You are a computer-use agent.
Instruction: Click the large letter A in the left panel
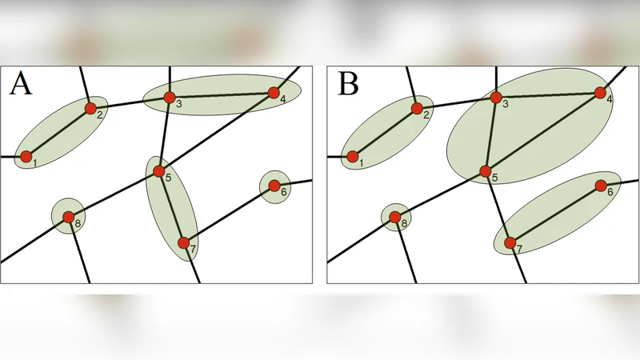click(21, 83)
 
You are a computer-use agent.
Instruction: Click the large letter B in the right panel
click(348, 83)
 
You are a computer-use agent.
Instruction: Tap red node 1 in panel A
click(26, 156)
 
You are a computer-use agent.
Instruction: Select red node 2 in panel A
click(90, 108)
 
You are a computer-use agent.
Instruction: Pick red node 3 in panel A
click(169, 98)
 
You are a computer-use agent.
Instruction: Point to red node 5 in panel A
click(158, 171)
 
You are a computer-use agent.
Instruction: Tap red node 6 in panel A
click(274, 186)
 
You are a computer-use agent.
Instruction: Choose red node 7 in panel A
click(183, 242)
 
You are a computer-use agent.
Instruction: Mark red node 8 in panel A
click(68, 216)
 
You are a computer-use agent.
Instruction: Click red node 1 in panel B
click(352, 156)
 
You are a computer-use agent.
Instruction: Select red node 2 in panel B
click(417, 108)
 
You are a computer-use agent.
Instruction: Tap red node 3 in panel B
click(496, 98)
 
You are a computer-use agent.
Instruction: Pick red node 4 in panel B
click(600, 92)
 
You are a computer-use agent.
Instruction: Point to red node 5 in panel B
click(485, 171)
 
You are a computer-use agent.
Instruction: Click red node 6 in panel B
click(601, 186)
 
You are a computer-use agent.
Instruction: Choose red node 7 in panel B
click(510, 242)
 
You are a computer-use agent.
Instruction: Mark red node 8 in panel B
click(394, 216)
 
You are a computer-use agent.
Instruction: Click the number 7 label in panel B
click(519, 250)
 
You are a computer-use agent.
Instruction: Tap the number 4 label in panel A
click(282, 99)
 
